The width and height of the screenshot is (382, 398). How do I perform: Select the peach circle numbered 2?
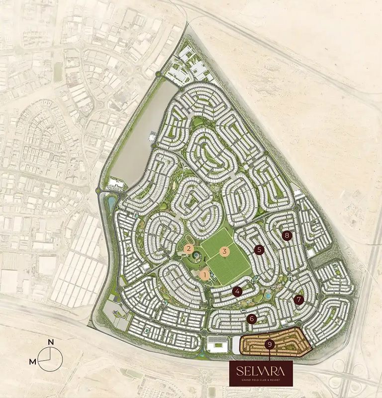pyautogui.click(x=189, y=248)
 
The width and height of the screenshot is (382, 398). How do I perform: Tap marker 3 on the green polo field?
pyautogui.click(x=224, y=251)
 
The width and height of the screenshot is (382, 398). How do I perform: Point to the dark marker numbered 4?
pyautogui.click(x=238, y=292)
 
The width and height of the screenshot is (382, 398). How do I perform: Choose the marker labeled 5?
pyautogui.click(x=258, y=249)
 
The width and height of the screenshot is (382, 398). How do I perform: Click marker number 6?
pyautogui.click(x=252, y=318)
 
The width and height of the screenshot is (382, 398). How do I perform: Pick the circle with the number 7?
pyautogui.click(x=298, y=299)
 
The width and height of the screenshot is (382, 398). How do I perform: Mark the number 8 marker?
pyautogui.click(x=286, y=235)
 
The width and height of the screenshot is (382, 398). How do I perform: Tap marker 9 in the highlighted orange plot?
pyautogui.click(x=269, y=344)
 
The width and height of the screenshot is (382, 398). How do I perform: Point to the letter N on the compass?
pyautogui.click(x=50, y=342)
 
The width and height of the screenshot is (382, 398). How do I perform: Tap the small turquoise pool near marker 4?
pyautogui.click(x=269, y=296)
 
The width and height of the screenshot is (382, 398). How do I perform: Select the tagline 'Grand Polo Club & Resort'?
pyautogui.click(x=261, y=381)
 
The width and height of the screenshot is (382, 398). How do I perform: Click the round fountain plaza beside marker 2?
pyautogui.click(x=197, y=256)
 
